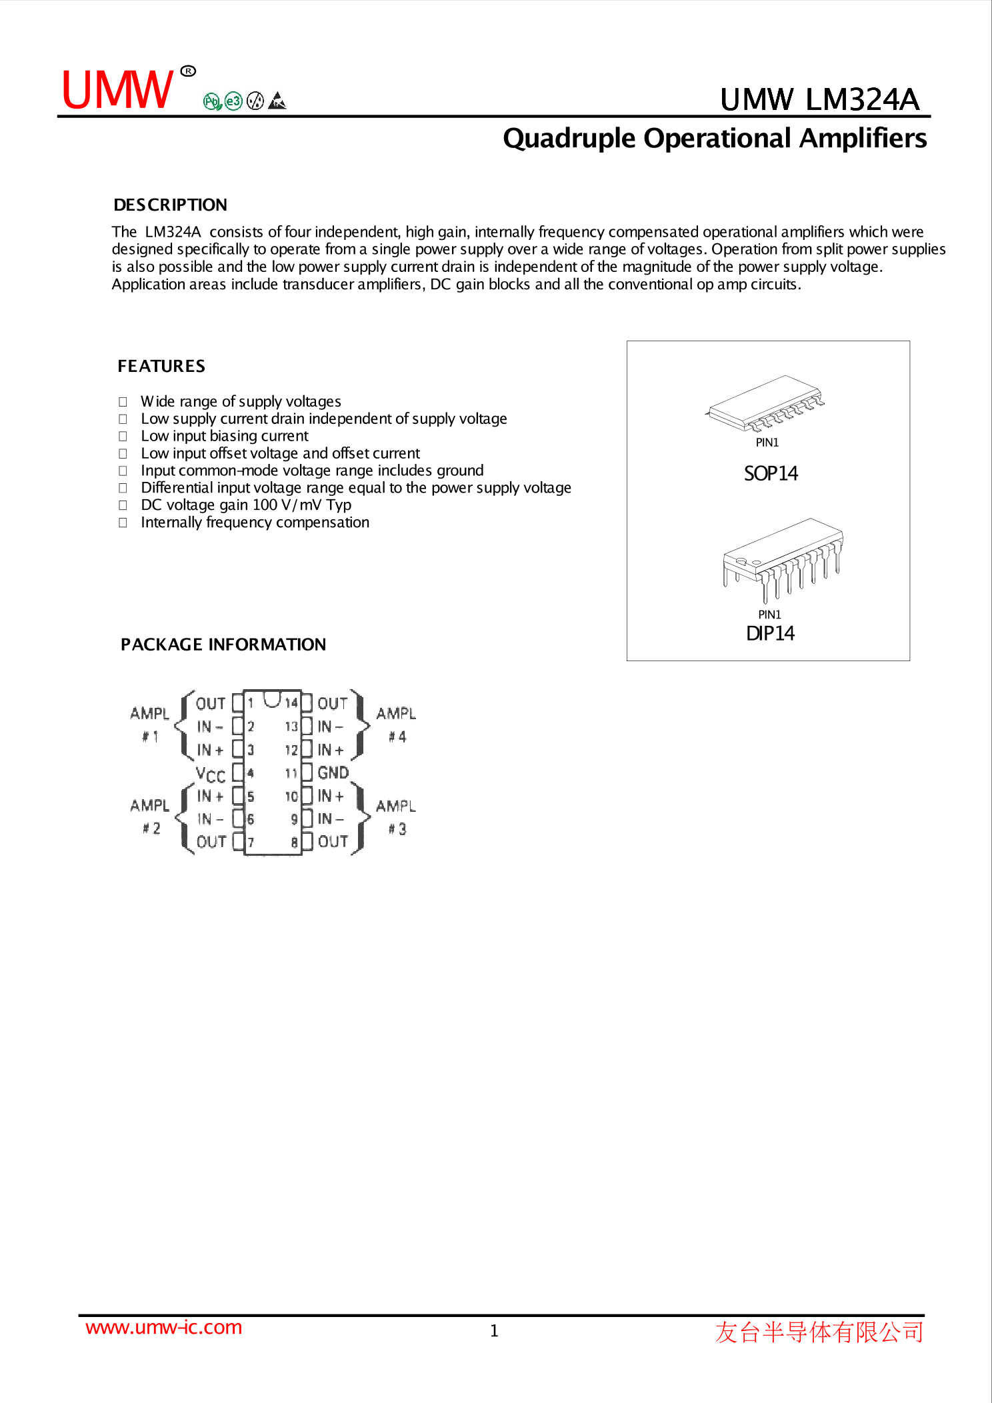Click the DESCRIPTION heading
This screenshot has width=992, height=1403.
click(170, 205)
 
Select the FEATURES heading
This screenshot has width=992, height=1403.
click(161, 366)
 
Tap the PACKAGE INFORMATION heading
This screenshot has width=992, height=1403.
click(223, 645)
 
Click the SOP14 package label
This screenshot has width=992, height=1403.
click(771, 473)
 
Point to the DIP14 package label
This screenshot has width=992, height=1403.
click(770, 633)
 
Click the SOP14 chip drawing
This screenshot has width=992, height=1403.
click(765, 404)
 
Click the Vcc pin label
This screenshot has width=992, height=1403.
click(210, 774)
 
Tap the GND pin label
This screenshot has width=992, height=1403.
click(333, 772)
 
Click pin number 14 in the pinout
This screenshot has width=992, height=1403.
click(291, 703)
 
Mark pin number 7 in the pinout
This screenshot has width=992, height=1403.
click(251, 842)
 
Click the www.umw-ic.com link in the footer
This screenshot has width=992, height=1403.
click(163, 1327)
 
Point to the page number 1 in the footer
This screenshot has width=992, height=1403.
click(494, 1331)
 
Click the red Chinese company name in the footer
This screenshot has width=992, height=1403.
click(819, 1332)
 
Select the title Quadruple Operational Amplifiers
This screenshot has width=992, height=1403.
click(714, 139)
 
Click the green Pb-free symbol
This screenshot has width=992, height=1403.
click(212, 101)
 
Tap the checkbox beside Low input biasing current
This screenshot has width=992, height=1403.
click(123, 437)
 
